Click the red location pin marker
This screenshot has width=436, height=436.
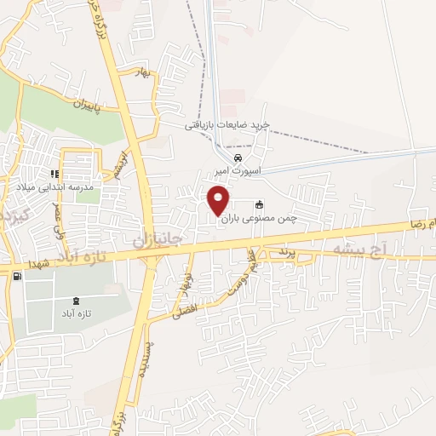tap(219, 201)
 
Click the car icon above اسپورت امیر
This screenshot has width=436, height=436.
tap(239, 158)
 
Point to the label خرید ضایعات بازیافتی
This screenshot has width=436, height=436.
tap(227, 125)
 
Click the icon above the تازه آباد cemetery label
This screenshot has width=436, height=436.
tap(77, 301)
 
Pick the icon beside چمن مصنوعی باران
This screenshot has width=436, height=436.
tap(259, 204)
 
